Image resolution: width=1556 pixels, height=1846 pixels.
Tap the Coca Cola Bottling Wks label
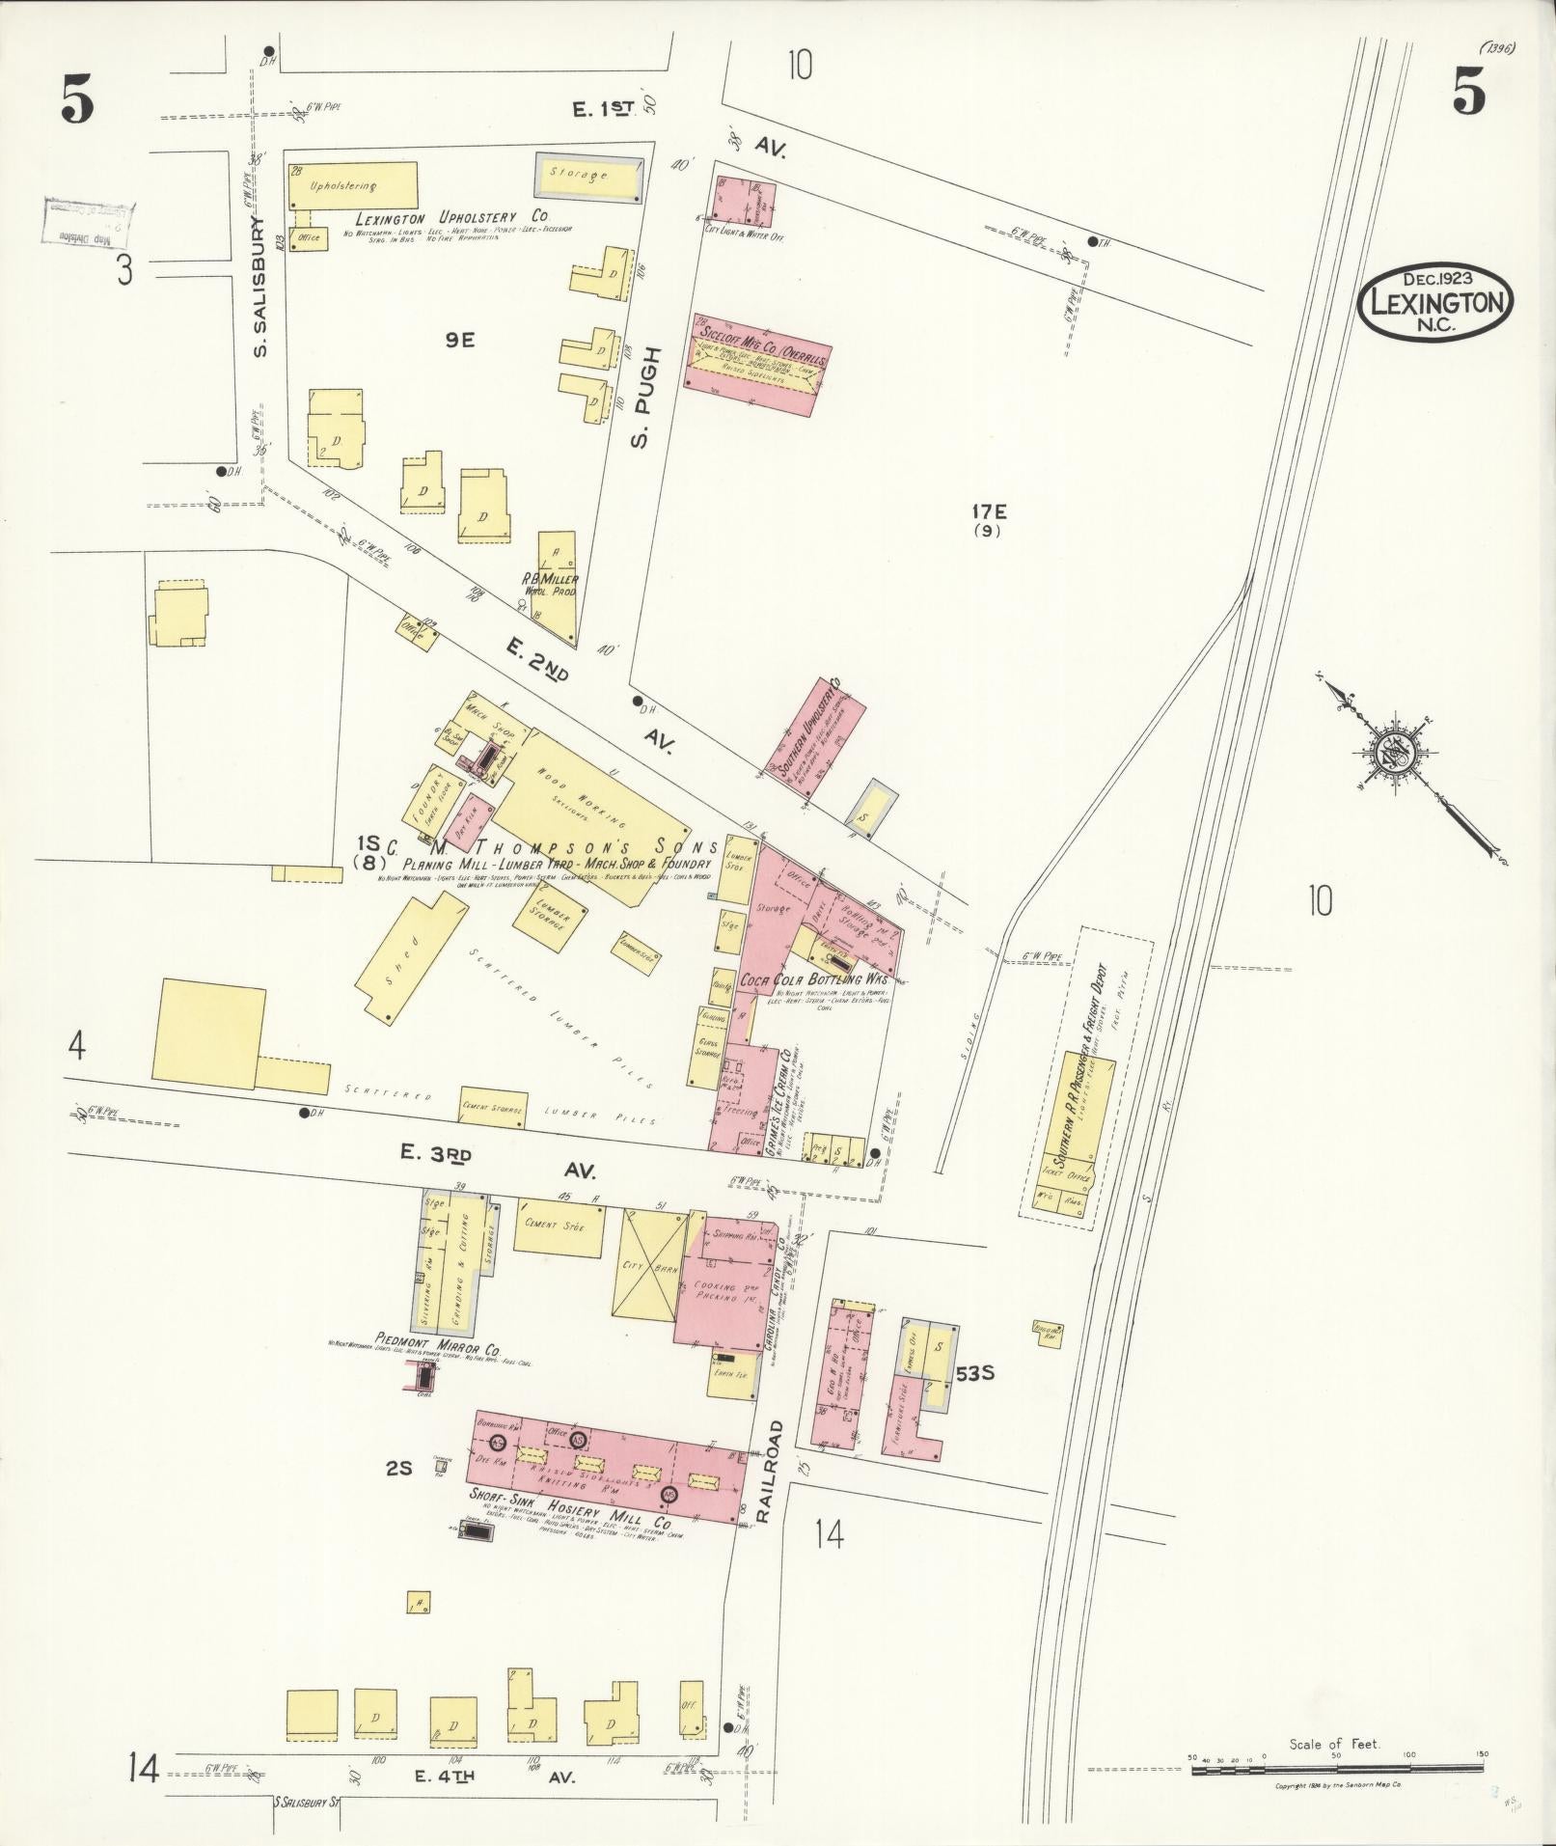point(812,978)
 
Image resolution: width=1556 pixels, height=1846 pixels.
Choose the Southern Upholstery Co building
point(815,739)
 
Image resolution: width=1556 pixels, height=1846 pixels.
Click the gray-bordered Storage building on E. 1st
point(588,177)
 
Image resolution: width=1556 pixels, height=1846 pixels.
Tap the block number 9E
point(460,340)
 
